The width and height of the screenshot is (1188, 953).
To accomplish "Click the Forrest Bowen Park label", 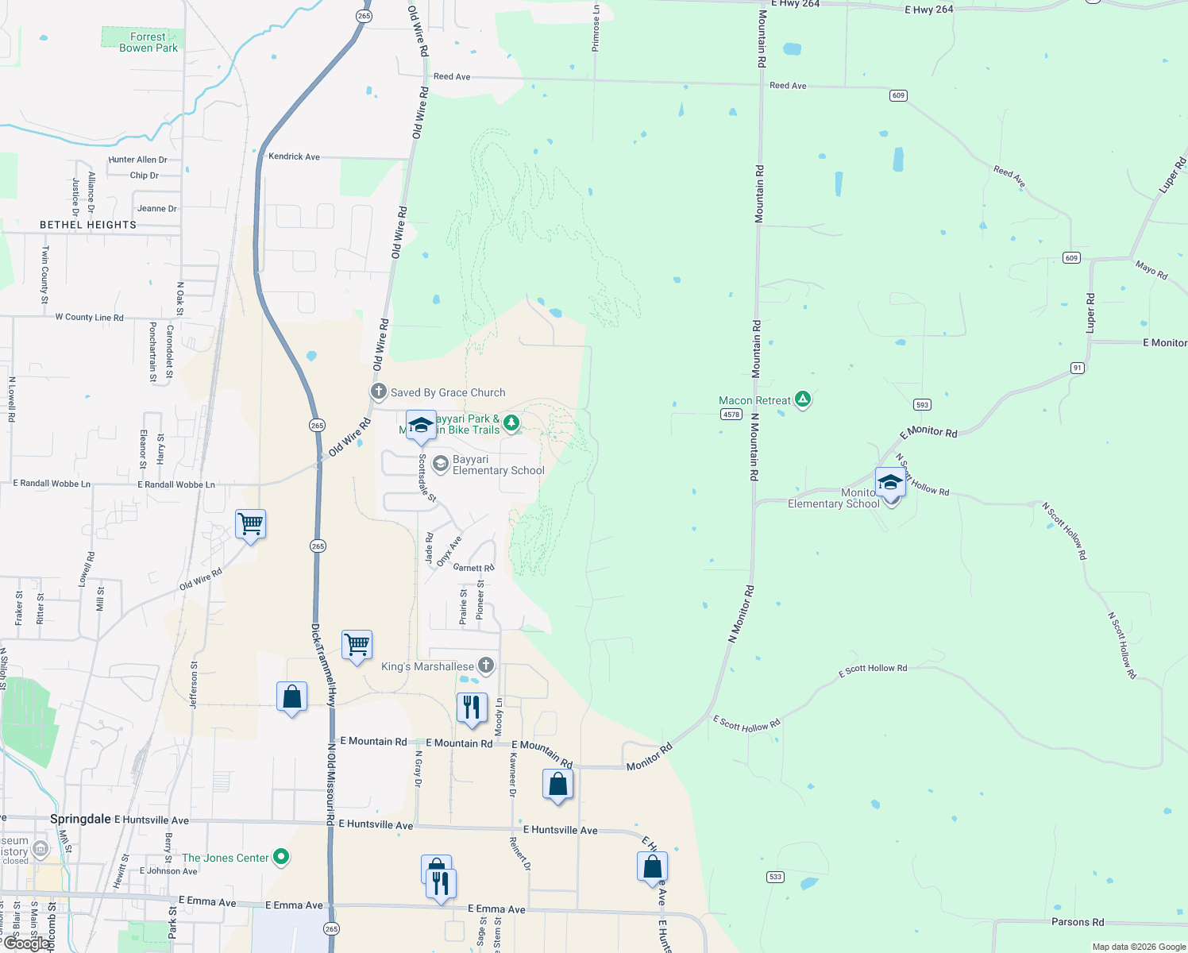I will tap(148, 42).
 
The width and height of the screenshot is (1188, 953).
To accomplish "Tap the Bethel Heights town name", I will tap(88, 225).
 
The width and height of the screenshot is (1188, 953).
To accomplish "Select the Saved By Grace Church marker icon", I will tap(379, 392).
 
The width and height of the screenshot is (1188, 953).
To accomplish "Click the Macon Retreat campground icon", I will tap(803, 399).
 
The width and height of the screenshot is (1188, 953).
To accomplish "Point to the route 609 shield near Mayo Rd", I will tap(1071, 258).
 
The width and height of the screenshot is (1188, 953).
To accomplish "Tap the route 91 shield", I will tap(1077, 368).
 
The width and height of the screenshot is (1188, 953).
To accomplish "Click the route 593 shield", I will tap(922, 405).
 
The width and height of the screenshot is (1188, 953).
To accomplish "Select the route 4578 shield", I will tap(731, 415).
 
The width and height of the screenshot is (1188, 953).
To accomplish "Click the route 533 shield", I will tap(775, 877).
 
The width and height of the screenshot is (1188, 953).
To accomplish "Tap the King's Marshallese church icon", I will tap(485, 666).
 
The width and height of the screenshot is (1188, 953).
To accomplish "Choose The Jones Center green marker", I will tap(280, 857).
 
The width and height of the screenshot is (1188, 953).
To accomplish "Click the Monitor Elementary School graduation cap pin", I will tap(890, 483).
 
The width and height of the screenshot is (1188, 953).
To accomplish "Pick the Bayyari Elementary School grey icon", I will tap(440, 464).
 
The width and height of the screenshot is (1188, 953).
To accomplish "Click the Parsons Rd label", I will tap(1077, 922).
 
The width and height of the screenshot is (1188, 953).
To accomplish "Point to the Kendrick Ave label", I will tap(294, 156).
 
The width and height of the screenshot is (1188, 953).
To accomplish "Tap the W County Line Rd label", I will tap(89, 318).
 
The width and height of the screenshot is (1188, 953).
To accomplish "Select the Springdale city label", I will tap(80, 819).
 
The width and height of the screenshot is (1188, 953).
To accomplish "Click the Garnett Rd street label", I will tap(473, 568).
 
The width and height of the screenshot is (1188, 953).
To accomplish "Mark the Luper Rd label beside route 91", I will tap(1090, 313).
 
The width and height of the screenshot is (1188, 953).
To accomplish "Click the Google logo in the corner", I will tap(26, 943).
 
